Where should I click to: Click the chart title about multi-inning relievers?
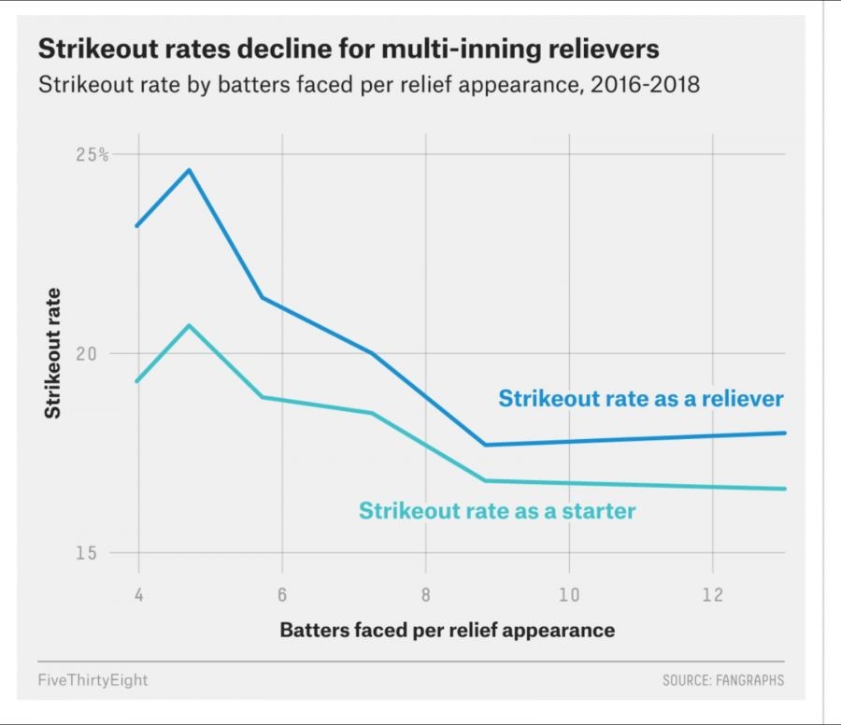point(348,49)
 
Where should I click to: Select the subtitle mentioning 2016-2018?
point(368,85)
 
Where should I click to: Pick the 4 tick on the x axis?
point(138,594)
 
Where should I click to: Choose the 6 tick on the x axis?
point(281,594)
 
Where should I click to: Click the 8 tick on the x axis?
point(425,594)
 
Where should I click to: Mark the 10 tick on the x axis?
point(569,594)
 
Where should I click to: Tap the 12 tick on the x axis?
point(712,594)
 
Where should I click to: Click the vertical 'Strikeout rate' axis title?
point(53,353)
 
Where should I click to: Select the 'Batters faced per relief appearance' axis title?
point(447,630)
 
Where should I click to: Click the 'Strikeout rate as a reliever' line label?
point(641,399)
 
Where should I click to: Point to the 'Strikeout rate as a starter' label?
point(497,511)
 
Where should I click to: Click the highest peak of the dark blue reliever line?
point(190,170)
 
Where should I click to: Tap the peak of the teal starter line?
point(190,325)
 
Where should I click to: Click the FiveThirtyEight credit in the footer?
point(93,680)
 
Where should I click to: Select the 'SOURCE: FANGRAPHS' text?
point(723,680)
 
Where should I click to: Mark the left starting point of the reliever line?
point(137,226)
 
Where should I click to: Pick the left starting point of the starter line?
point(137,381)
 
